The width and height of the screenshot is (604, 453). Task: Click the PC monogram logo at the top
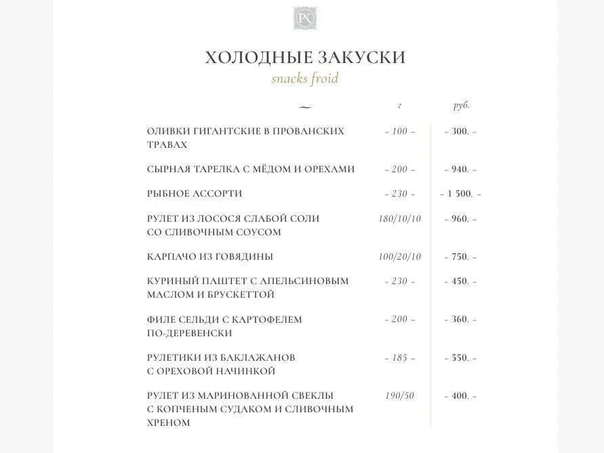[302, 17]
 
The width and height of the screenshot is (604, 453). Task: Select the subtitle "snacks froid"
[304, 79]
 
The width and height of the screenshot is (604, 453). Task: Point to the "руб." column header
[461, 106]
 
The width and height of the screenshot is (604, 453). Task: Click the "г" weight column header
[400, 106]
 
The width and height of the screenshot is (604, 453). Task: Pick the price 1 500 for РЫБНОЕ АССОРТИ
[460, 194]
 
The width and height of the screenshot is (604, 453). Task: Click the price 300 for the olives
[460, 131]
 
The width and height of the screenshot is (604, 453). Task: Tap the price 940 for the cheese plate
[460, 169]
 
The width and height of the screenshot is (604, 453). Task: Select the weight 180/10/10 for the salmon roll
[400, 219]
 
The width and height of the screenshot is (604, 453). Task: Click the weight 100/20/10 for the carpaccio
[400, 257]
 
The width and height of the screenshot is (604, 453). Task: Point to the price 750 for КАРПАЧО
[460, 257]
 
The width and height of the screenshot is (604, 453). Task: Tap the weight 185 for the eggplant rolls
[400, 357]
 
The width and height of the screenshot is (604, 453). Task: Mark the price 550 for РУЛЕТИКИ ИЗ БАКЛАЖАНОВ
[460, 357]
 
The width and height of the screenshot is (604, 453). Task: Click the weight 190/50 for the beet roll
[400, 395]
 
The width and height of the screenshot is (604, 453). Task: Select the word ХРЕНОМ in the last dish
[168, 422]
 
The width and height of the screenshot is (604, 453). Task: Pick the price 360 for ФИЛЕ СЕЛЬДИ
[460, 319]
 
